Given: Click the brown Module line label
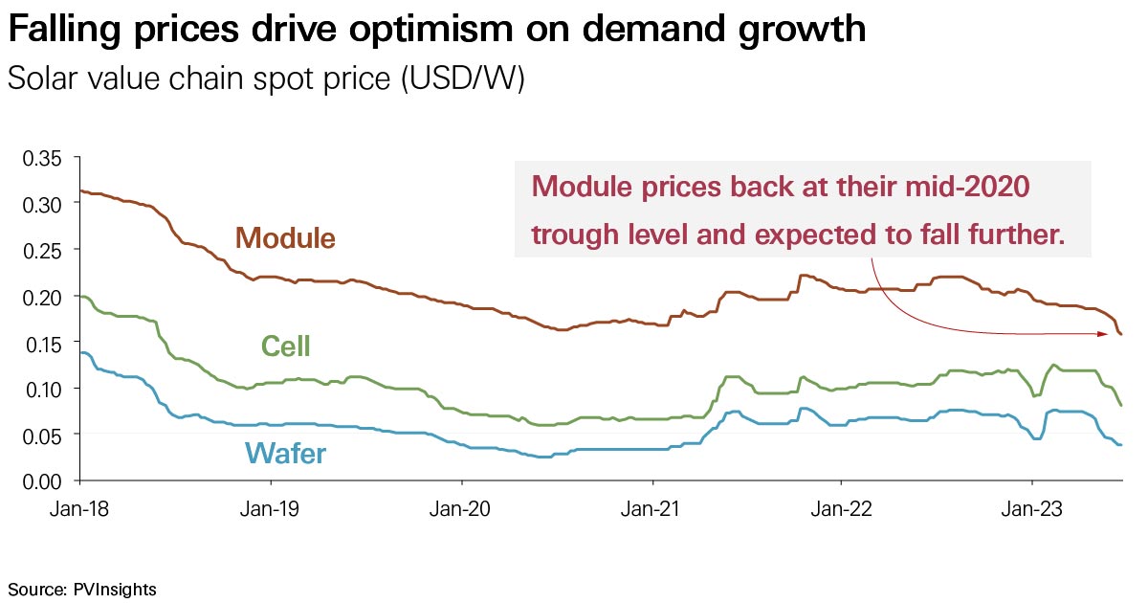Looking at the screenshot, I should (x=285, y=237).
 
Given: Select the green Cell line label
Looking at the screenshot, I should (x=285, y=346).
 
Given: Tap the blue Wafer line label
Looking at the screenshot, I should (x=285, y=453).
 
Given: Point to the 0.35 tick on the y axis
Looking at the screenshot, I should (x=41, y=158).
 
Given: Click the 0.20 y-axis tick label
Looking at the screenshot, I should (x=41, y=297).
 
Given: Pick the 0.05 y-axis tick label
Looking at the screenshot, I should (x=41, y=435).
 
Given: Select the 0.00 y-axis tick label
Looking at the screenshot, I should (x=41, y=480).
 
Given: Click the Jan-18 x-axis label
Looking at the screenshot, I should (x=78, y=509).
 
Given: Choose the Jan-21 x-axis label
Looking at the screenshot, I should (x=651, y=509).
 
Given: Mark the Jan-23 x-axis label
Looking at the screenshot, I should (x=1031, y=509).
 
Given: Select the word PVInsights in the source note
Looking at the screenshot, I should (x=115, y=588).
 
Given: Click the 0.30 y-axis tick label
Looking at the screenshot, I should (x=41, y=204).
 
